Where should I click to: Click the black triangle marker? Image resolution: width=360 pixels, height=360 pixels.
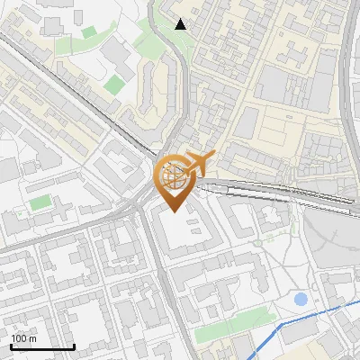click(181, 24)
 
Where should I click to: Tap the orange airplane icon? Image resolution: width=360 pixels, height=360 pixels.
click(198, 163)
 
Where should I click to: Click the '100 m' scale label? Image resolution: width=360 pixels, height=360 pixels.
click(23, 338)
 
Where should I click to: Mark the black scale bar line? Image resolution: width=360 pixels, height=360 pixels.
click(41, 346)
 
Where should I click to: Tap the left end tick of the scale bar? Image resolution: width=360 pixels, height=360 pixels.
click(10, 345)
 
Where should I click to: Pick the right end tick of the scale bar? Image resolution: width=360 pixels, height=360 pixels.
click(74, 345)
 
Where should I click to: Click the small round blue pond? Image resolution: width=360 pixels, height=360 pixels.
click(301, 298)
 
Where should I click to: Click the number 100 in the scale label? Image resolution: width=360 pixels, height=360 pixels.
click(19, 338)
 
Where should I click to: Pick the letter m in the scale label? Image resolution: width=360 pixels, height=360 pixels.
click(32, 339)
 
